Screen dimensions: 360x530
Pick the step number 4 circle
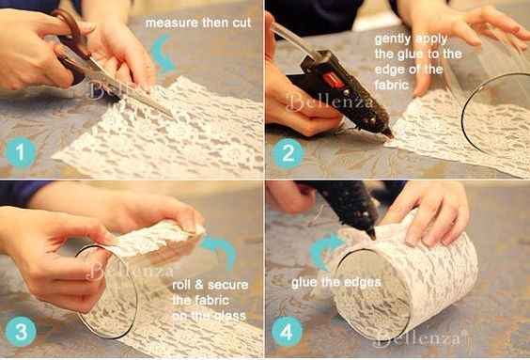[288, 332]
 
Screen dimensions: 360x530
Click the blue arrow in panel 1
[164, 55]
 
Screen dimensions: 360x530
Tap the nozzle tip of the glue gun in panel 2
[389, 135]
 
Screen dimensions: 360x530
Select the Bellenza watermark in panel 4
[418, 336]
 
